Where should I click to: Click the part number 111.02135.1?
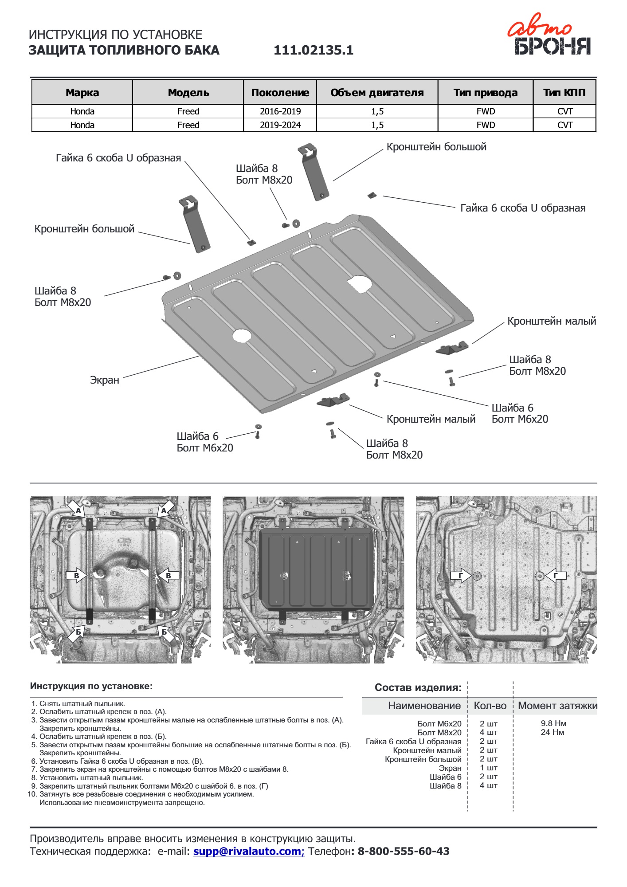click(x=313, y=50)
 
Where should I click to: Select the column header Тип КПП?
click(x=564, y=93)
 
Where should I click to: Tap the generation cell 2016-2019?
click(x=280, y=111)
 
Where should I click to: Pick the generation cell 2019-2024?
click(x=280, y=125)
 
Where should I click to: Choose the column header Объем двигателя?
click(x=377, y=93)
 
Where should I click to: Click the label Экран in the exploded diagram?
click(x=105, y=380)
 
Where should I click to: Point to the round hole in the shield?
click(x=242, y=336)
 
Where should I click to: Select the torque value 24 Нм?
click(x=552, y=732)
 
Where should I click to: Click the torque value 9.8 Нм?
click(x=553, y=723)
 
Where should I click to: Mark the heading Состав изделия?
click(x=418, y=687)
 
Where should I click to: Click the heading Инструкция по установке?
click(x=91, y=686)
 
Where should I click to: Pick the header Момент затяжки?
click(x=557, y=706)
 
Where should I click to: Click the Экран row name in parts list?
click(x=450, y=768)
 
